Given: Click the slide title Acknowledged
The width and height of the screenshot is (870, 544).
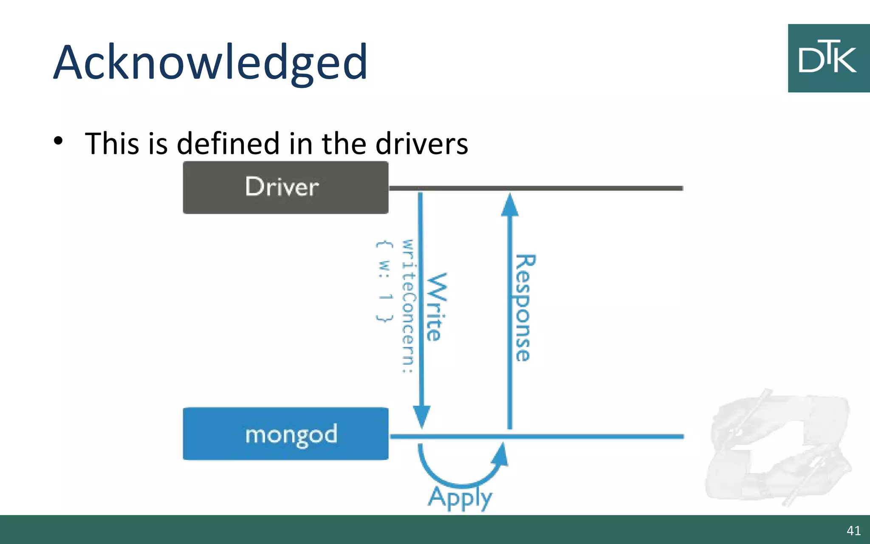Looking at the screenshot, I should tap(210, 62).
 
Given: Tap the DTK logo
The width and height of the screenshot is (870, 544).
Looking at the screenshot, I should tap(828, 58).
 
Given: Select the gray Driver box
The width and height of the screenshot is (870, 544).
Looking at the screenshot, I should tap(285, 187).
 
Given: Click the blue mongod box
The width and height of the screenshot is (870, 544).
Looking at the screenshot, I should tap(285, 434).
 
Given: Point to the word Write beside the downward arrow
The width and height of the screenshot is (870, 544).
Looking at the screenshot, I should tap(437, 307).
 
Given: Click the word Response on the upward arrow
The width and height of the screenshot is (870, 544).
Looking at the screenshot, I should tap(525, 308).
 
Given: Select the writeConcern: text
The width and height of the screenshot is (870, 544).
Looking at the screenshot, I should tap(407, 306).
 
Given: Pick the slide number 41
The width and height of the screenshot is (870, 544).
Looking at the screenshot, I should tap(853, 530).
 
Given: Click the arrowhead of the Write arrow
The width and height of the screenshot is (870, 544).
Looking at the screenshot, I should tap(421, 416).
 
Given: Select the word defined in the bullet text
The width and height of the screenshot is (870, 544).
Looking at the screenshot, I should tap(229, 144).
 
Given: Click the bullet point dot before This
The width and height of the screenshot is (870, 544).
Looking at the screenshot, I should tap(58, 141).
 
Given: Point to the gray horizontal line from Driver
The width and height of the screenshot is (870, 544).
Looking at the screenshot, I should tap(595, 188).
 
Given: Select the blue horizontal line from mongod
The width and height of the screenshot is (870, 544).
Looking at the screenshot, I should tap(595, 436).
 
